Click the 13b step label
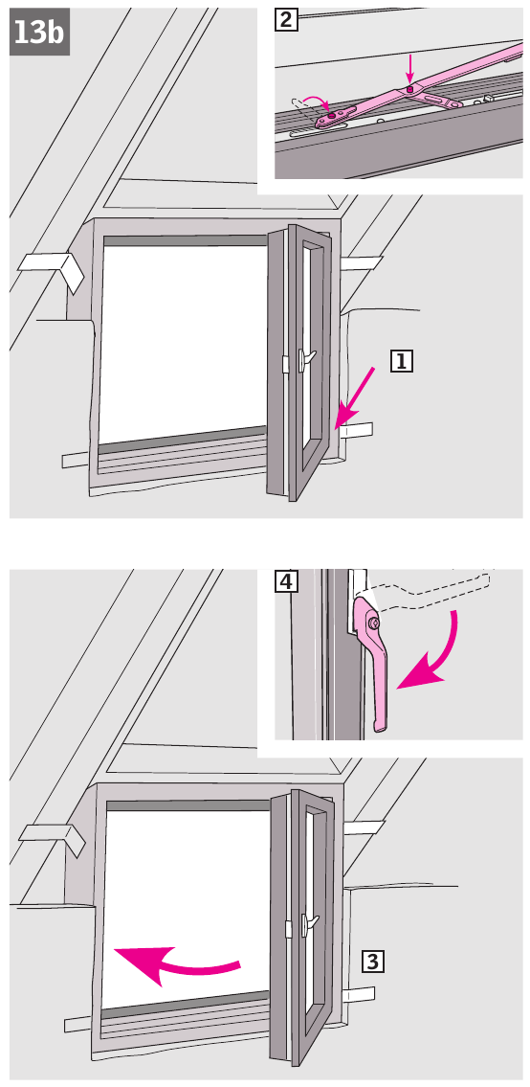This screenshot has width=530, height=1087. tap(39, 32)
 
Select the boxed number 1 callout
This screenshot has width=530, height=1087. tap(402, 361)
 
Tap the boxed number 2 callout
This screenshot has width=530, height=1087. tap(286, 20)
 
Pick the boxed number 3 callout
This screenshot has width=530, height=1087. tap(373, 962)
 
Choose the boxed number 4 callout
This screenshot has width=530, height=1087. tap(286, 581)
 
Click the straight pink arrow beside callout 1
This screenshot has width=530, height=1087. tap(354, 399)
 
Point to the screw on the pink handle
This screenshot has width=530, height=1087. tap(374, 623)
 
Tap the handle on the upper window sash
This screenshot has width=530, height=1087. tap(305, 358)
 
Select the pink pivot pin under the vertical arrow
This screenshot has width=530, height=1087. tap(410, 89)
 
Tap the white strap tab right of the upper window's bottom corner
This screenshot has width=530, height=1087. tap(358, 431)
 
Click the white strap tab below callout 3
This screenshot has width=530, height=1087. tap(359, 995)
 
